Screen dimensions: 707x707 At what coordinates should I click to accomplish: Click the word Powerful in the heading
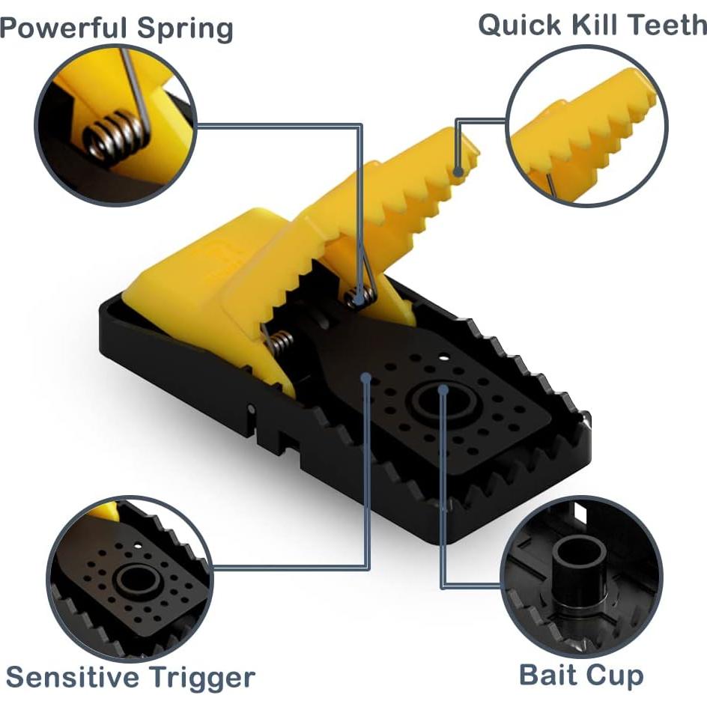[63, 27]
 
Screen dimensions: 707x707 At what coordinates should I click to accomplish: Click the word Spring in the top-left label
[185, 30]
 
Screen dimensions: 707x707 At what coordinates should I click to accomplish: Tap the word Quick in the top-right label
[520, 25]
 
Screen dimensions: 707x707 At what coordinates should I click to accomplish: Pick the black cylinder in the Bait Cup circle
[580, 571]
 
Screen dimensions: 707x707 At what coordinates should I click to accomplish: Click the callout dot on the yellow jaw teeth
[458, 172]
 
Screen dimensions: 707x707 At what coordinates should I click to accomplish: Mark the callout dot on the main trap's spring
[359, 298]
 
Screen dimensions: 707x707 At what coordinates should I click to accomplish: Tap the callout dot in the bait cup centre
[443, 389]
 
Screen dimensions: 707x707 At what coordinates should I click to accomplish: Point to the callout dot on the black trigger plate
[366, 377]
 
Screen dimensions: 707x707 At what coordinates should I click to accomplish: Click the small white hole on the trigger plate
[445, 358]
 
